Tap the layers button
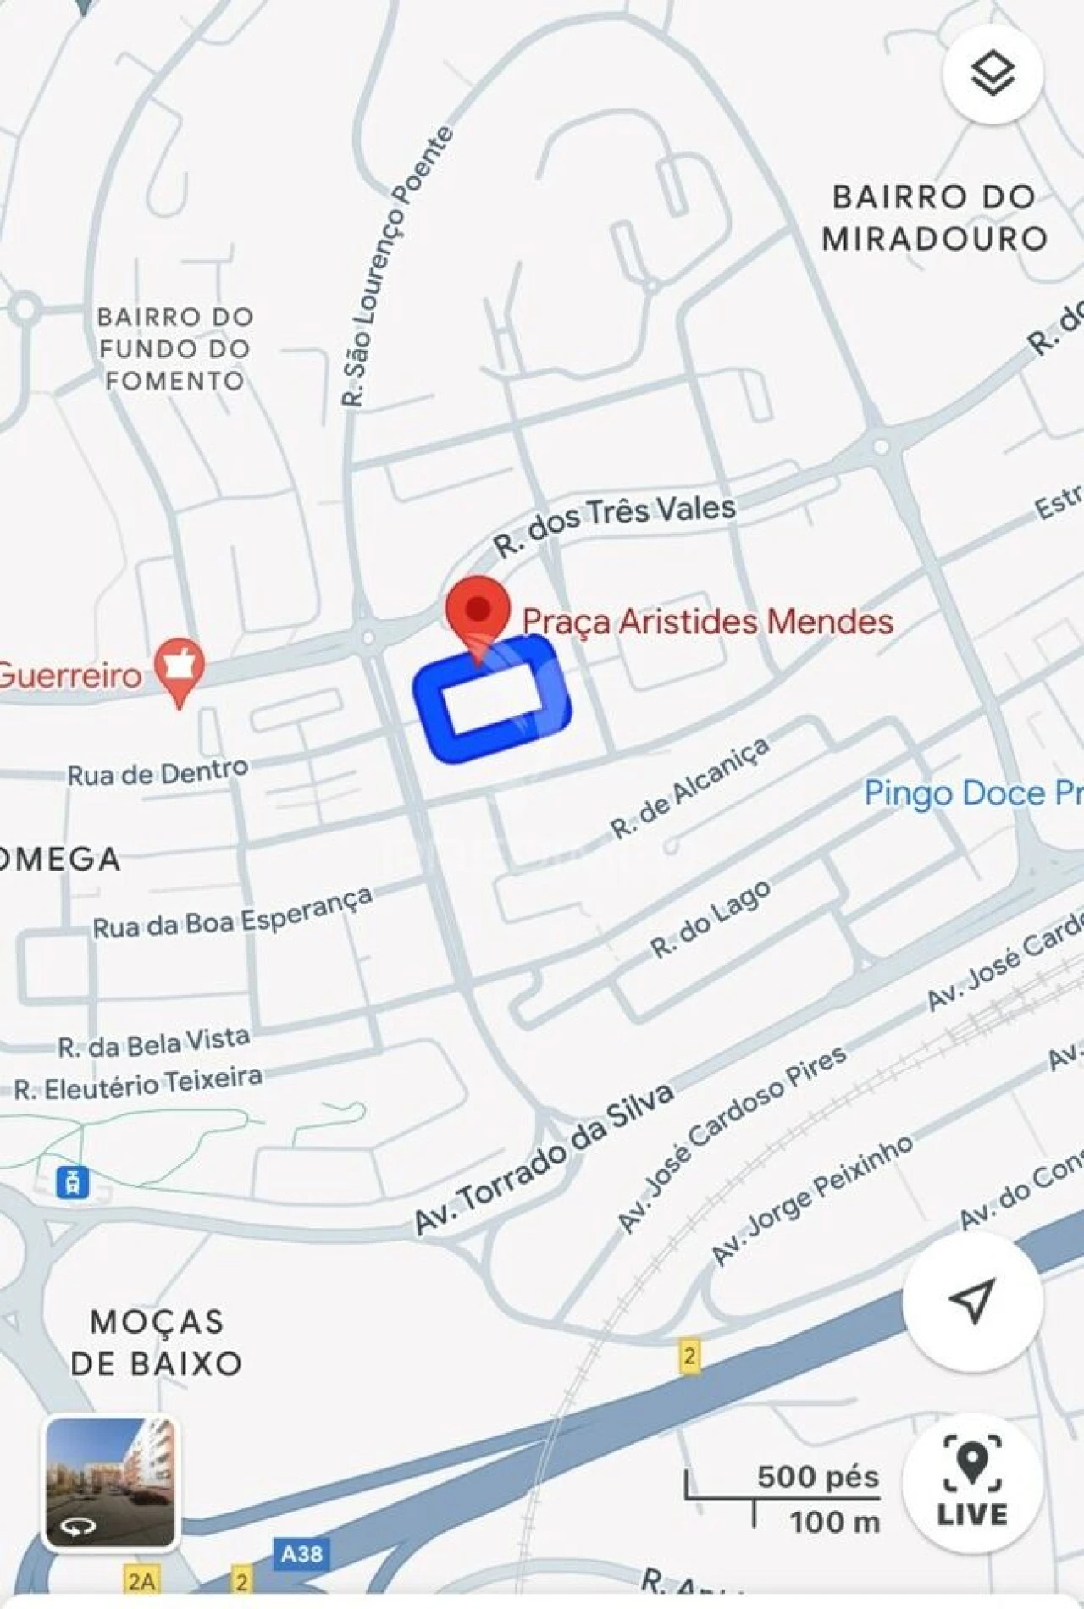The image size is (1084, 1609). click(992, 75)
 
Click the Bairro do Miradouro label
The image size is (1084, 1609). click(934, 218)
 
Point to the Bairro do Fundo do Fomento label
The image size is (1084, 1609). click(175, 349)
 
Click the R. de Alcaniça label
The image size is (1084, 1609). click(690, 788)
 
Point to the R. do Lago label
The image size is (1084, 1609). click(711, 921)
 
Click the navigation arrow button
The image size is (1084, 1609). click(971, 1301)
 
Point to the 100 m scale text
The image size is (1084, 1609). click(834, 1523)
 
